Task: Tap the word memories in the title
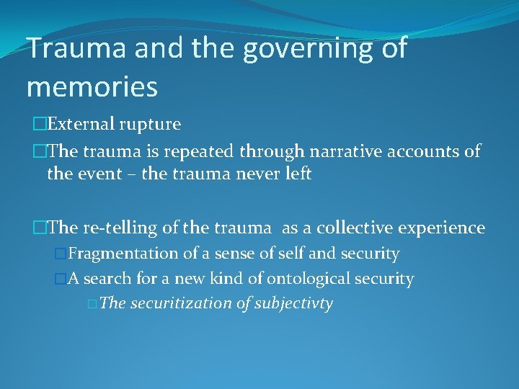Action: (x=92, y=86)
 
